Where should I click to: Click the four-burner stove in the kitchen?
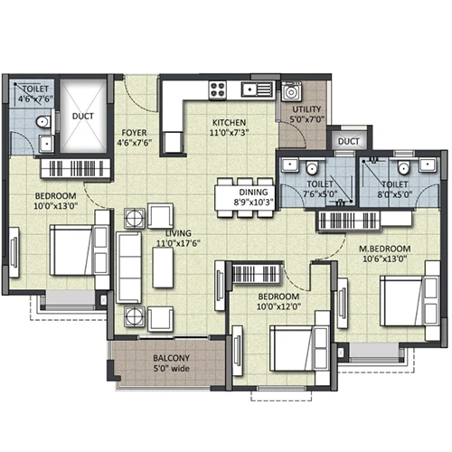(218, 89)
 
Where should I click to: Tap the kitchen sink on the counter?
(257, 89)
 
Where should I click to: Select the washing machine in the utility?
(291, 91)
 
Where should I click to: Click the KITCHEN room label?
(229, 123)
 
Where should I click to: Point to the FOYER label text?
(134, 133)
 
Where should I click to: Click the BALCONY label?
(171, 358)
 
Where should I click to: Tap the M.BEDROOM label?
(384, 249)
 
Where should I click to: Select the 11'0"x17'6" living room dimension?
(178, 243)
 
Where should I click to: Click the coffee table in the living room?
(163, 268)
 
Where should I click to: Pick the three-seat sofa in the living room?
(129, 268)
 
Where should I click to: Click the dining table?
(245, 198)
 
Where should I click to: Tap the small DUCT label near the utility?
(349, 141)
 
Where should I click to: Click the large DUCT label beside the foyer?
(83, 116)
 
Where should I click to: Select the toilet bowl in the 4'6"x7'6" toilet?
(43, 122)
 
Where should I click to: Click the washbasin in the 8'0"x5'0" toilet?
(428, 165)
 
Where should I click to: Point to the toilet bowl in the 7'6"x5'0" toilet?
(312, 167)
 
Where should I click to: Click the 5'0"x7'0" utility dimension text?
(306, 119)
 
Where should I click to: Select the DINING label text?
(253, 192)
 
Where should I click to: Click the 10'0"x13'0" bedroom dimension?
(56, 206)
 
